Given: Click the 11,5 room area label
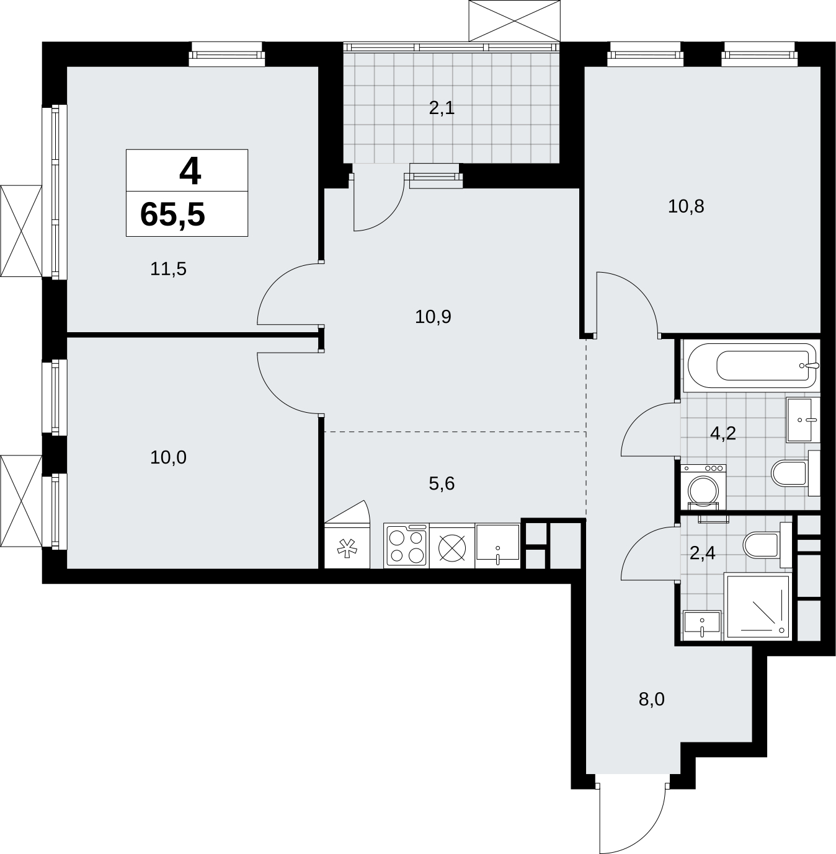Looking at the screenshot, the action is [168, 269].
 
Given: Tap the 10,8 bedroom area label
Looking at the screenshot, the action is [686, 206].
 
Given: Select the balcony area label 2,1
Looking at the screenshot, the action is [442, 108].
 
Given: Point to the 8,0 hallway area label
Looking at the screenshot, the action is [652, 711].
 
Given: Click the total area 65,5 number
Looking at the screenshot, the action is [172, 215].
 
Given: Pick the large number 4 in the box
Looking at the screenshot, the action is [190, 172].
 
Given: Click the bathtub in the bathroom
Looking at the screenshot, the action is [751, 366].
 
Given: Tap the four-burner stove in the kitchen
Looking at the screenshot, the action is [406, 545].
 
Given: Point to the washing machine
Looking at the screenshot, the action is [703, 487].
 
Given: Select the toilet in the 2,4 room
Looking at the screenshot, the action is [767, 545].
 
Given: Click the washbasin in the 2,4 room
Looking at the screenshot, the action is [702, 625].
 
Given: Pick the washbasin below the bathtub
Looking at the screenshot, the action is [803, 420].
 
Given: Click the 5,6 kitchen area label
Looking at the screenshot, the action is [442, 483].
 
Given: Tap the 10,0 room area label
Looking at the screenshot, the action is [168, 458].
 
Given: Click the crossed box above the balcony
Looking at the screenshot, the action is [515, 20].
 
